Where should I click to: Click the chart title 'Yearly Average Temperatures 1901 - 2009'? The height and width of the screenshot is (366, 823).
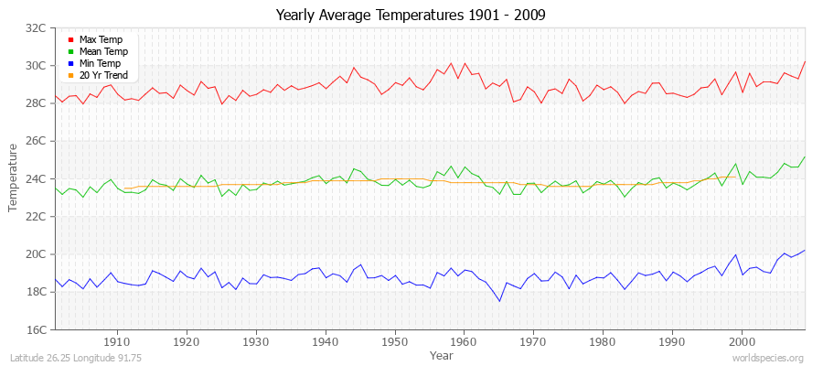(411, 16)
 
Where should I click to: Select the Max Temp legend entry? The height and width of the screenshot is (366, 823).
(101, 39)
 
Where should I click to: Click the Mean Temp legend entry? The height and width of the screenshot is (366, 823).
(103, 51)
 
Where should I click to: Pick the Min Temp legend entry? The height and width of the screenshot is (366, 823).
(101, 63)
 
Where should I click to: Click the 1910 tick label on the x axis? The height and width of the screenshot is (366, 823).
(117, 340)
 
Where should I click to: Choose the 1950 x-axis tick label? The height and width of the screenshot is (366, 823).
(394, 340)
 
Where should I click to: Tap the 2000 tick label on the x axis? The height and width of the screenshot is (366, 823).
(741, 340)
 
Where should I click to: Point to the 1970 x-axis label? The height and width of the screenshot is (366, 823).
(533, 340)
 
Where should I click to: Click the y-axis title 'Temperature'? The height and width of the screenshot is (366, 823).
(13, 178)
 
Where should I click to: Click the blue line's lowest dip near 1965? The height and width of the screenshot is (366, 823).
(499, 301)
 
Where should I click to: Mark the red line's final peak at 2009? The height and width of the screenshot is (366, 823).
(805, 61)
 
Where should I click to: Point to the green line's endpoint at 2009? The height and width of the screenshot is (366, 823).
(805, 156)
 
